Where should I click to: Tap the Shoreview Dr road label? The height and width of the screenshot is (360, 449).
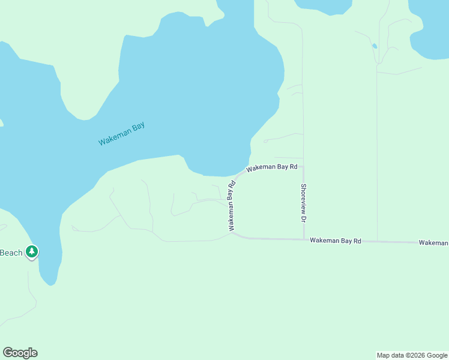304,203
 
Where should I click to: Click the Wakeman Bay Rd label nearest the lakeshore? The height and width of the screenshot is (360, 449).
272,167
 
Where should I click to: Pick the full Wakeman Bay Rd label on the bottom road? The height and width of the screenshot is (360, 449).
336,241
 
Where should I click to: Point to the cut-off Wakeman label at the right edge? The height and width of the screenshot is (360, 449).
433,242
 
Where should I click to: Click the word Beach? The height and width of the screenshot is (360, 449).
11,253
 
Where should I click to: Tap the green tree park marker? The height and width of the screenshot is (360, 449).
32,251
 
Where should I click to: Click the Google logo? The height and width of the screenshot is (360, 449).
20,353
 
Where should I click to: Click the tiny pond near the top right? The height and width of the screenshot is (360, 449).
375,46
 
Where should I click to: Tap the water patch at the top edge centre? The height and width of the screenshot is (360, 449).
323,5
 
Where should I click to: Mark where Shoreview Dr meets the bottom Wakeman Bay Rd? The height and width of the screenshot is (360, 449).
304,239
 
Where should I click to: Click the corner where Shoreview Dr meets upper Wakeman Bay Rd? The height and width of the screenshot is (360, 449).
303,167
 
